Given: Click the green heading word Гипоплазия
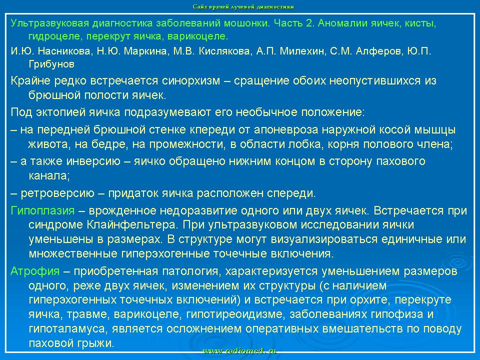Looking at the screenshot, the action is click(x=42, y=211).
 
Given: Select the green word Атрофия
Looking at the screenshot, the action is click(x=35, y=271).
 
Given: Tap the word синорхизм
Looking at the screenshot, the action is click(x=191, y=81).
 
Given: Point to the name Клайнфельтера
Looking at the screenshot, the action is click(x=132, y=225).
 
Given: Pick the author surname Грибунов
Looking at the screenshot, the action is click(x=51, y=64).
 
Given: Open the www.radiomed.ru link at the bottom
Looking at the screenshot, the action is click(x=239, y=351).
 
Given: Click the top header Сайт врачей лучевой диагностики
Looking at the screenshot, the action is click(x=243, y=6).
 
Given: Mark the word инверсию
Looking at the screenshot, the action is click(x=93, y=161).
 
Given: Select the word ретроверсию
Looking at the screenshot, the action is click(x=57, y=193).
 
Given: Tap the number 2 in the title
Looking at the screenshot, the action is click(x=308, y=23).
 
